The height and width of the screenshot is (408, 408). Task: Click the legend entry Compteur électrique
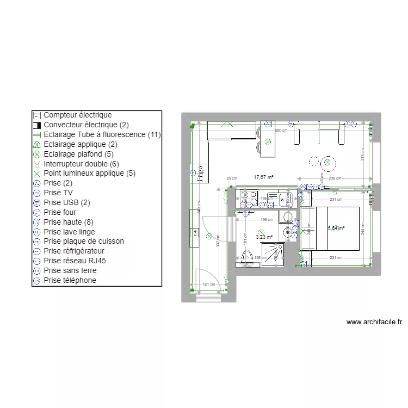77,115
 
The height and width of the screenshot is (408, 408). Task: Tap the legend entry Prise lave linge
69,232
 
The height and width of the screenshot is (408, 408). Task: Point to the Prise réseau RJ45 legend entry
75,261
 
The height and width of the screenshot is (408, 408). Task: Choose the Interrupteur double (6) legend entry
81,164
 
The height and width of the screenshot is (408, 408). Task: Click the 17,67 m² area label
263,177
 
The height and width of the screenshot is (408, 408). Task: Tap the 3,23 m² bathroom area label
263,237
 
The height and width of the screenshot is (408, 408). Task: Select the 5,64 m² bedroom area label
336,228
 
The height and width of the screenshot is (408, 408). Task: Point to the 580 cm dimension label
281,131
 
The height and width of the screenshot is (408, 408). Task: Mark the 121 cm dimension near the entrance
209,285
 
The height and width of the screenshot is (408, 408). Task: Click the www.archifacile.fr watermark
374,322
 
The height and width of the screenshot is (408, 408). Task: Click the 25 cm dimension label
232,178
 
